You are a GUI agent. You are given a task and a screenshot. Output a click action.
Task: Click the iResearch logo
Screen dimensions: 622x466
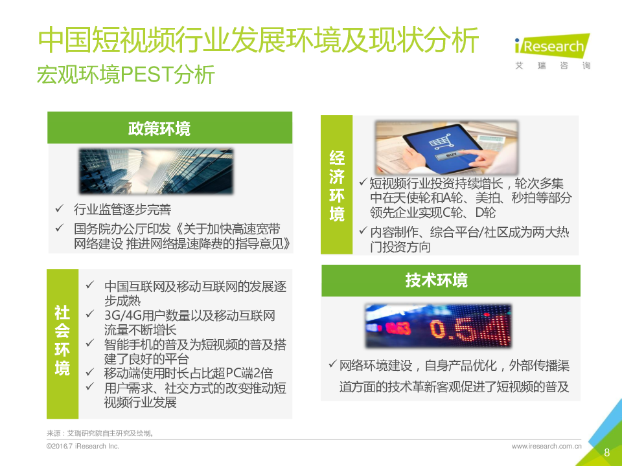point(552,52)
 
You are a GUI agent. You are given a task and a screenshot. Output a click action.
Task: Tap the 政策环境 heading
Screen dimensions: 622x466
point(159,129)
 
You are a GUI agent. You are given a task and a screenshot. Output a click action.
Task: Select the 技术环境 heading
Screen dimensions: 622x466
point(436,280)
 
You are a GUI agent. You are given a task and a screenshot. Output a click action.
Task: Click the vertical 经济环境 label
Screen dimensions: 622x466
point(337,186)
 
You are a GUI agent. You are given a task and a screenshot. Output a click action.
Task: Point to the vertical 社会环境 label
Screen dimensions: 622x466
point(62,340)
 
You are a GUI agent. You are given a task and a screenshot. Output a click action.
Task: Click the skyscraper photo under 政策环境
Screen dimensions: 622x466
point(156,171)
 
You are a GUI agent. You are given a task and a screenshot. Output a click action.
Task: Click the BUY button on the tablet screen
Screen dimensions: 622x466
point(451,155)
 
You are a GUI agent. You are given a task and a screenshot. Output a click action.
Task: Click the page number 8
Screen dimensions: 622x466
point(606,452)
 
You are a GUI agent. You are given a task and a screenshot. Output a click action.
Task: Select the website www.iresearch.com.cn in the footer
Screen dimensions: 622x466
point(547,446)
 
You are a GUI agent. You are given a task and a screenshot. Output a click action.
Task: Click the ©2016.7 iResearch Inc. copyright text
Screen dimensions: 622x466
point(82,446)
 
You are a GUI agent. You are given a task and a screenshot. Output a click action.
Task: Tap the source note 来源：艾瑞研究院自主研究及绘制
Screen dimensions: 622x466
point(100,433)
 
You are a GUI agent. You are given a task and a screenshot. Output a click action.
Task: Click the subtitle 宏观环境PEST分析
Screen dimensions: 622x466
point(126,74)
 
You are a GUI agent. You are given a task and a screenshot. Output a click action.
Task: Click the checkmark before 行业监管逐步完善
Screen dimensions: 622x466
point(60,208)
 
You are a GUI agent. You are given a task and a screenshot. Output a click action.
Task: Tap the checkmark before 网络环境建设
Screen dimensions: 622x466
point(332,363)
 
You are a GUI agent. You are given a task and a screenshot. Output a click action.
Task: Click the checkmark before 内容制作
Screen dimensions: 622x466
point(363,230)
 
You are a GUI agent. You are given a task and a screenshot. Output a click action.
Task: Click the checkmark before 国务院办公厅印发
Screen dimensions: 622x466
point(60,227)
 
